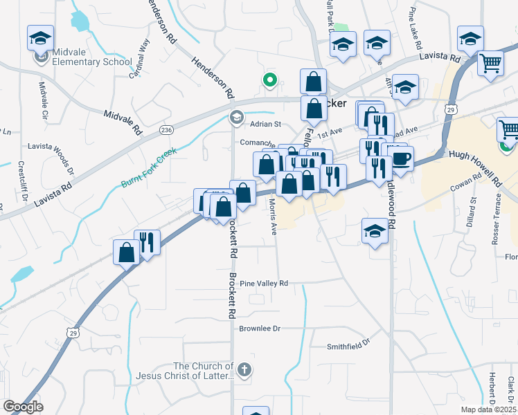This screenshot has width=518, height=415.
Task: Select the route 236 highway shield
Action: (166, 129)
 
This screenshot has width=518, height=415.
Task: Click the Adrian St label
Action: (265, 124)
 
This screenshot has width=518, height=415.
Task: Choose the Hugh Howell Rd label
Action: (474, 169)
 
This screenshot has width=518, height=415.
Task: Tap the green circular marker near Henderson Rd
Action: (270, 80)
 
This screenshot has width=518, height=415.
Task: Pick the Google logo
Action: (23, 407)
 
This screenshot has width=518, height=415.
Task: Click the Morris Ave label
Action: (273, 216)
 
